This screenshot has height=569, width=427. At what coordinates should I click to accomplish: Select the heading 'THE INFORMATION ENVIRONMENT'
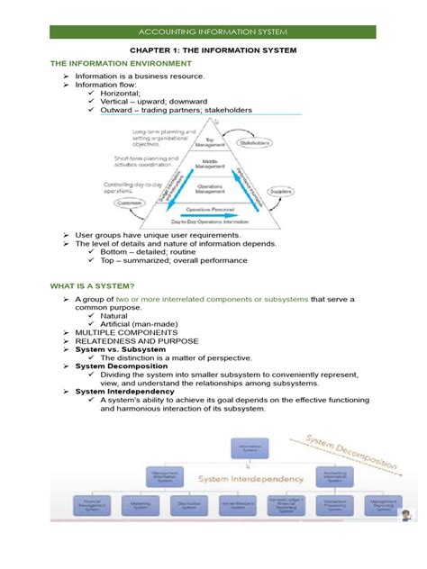[99, 64]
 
